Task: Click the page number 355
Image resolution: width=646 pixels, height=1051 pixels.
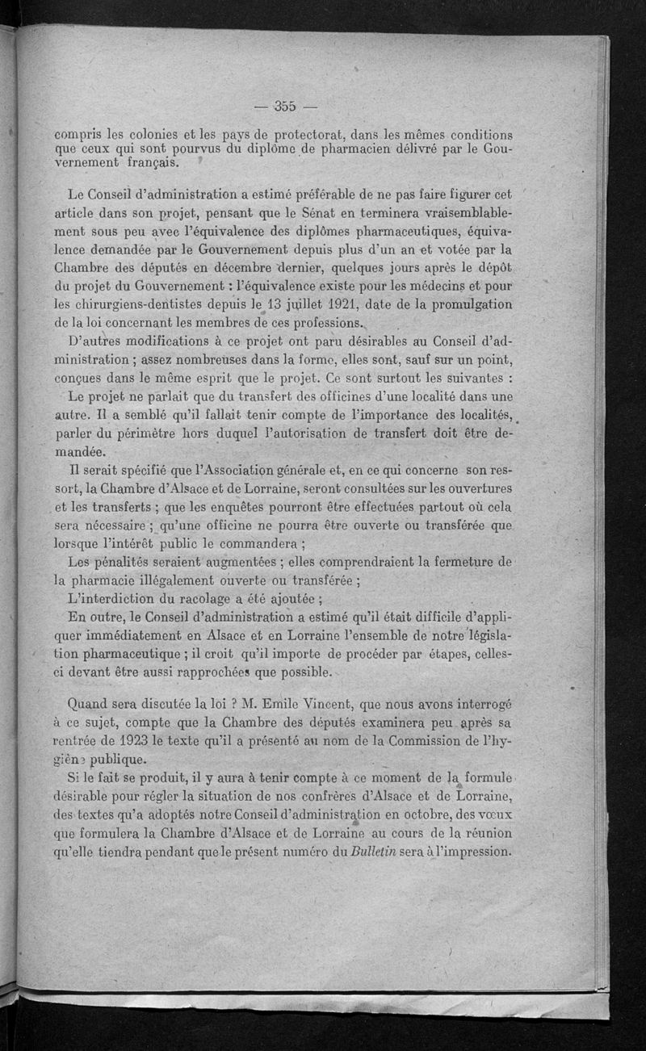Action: (285, 106)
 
